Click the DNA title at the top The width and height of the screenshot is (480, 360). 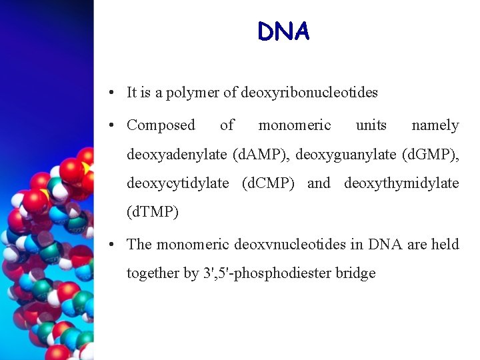pos(283,31)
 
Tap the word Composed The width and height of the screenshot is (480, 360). pos(161,125)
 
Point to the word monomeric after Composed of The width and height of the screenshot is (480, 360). pos(294,125)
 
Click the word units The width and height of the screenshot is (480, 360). pos(371,125)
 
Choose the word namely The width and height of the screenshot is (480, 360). pos(435,125)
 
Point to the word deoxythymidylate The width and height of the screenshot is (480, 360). pos(401,183)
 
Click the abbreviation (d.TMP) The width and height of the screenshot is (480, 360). pos(153,213)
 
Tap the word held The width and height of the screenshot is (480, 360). pos(445,245)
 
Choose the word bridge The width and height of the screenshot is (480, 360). pos(357,273)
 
